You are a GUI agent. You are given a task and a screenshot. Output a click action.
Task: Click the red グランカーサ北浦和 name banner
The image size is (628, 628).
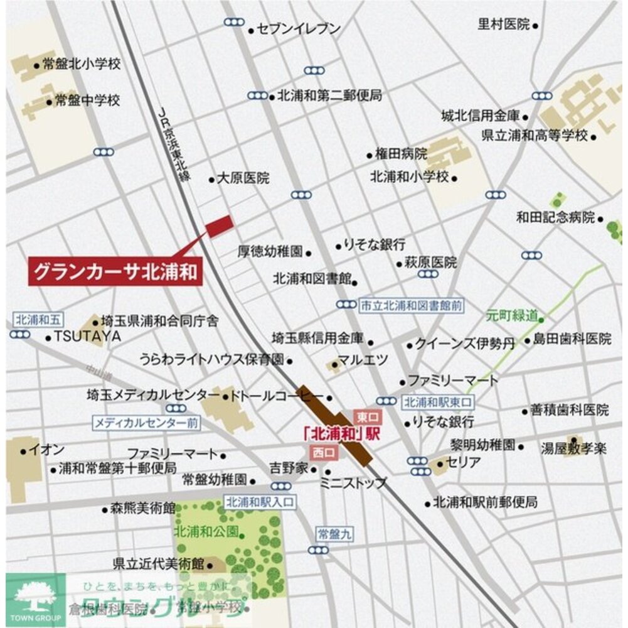[115, 272]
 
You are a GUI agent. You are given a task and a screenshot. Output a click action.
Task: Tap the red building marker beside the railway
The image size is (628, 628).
[220, 225]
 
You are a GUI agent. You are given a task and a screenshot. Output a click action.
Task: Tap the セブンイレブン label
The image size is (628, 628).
[299, 29]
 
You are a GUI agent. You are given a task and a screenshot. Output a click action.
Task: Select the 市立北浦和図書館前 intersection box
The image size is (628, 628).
[411, 305]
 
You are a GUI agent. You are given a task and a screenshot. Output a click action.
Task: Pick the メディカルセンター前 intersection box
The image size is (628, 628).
[147, 423]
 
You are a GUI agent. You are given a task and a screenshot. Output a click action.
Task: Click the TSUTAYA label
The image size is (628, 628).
[87, 337]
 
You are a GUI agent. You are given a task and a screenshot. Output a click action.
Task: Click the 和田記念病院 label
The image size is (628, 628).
[555, 217]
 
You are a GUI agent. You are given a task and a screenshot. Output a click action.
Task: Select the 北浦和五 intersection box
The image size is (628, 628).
[36, 319]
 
